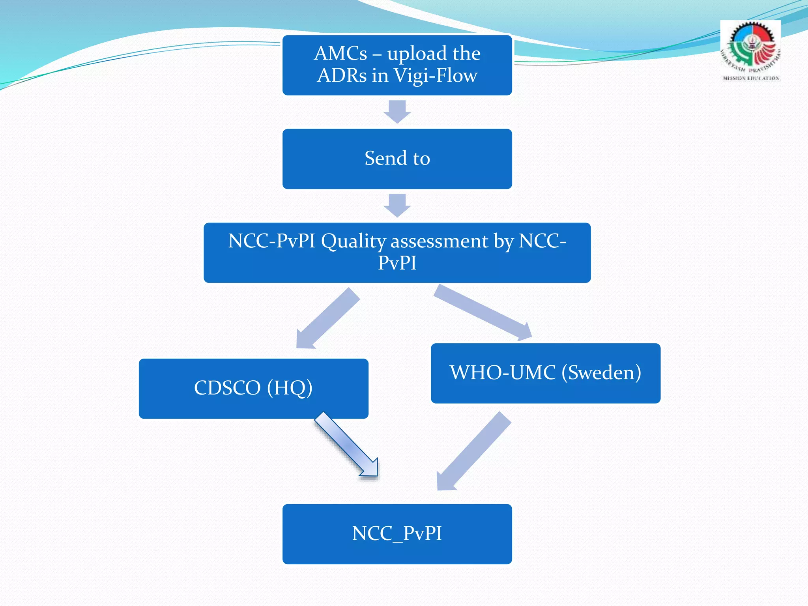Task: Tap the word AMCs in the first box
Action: pyautogui.click(x=340, y=53)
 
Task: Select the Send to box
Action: pyautogui.click(x=397, y=159)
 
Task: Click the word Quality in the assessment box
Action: pyautogui.click(x=353, y=241)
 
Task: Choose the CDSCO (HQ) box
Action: pyautogui.click(x=253, y=388)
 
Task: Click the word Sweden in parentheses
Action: pyautogui.click(x=601, y=372)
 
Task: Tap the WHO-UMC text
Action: pyautogui.click(x=503, y=372)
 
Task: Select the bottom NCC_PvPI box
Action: pyautogui.click(x=397, y=534)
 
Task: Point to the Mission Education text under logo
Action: pyautogui.click(x=750, y=78)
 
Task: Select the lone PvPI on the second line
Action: pyautogui.click(x=397, y=263)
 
